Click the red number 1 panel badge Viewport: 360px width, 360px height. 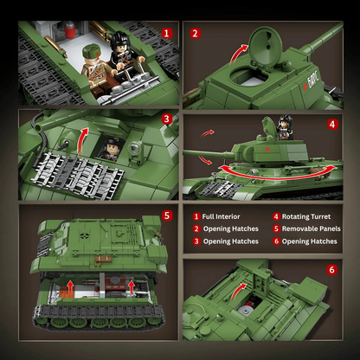165,35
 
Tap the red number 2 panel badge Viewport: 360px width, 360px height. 195,35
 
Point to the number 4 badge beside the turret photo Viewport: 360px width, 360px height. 331,125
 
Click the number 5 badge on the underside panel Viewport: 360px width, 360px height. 166,215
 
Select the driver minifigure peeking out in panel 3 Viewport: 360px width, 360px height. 111,148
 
